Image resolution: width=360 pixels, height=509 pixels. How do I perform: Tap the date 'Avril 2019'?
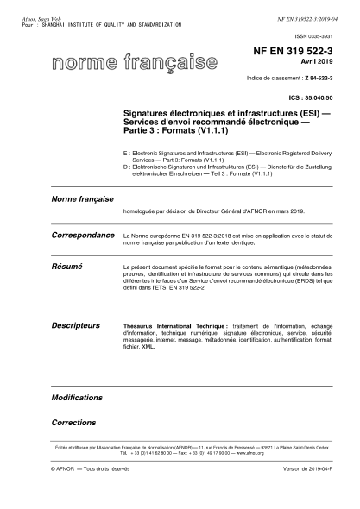point(326,64)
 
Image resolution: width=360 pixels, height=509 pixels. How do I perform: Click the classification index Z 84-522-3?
point(327,79)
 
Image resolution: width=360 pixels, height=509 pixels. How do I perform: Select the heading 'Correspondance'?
point(83,235)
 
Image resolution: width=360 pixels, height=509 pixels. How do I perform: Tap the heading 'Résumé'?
point(67,269)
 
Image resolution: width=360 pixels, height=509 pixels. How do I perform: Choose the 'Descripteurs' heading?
point(76,325)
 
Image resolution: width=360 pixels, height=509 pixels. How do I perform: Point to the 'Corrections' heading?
point(73,424)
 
